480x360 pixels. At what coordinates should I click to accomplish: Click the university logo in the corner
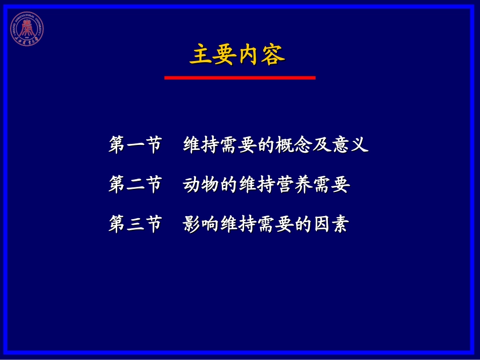(27, 28)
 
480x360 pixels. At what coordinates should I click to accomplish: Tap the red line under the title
(239, 78)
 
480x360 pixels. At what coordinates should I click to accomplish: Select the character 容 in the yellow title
(273, 55)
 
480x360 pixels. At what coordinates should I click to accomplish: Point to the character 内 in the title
(249, 55)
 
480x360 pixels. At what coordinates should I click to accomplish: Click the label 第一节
(135, 145)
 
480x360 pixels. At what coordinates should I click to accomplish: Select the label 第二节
(135, 185)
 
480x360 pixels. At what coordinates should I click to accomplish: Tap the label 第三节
(135, 224)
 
